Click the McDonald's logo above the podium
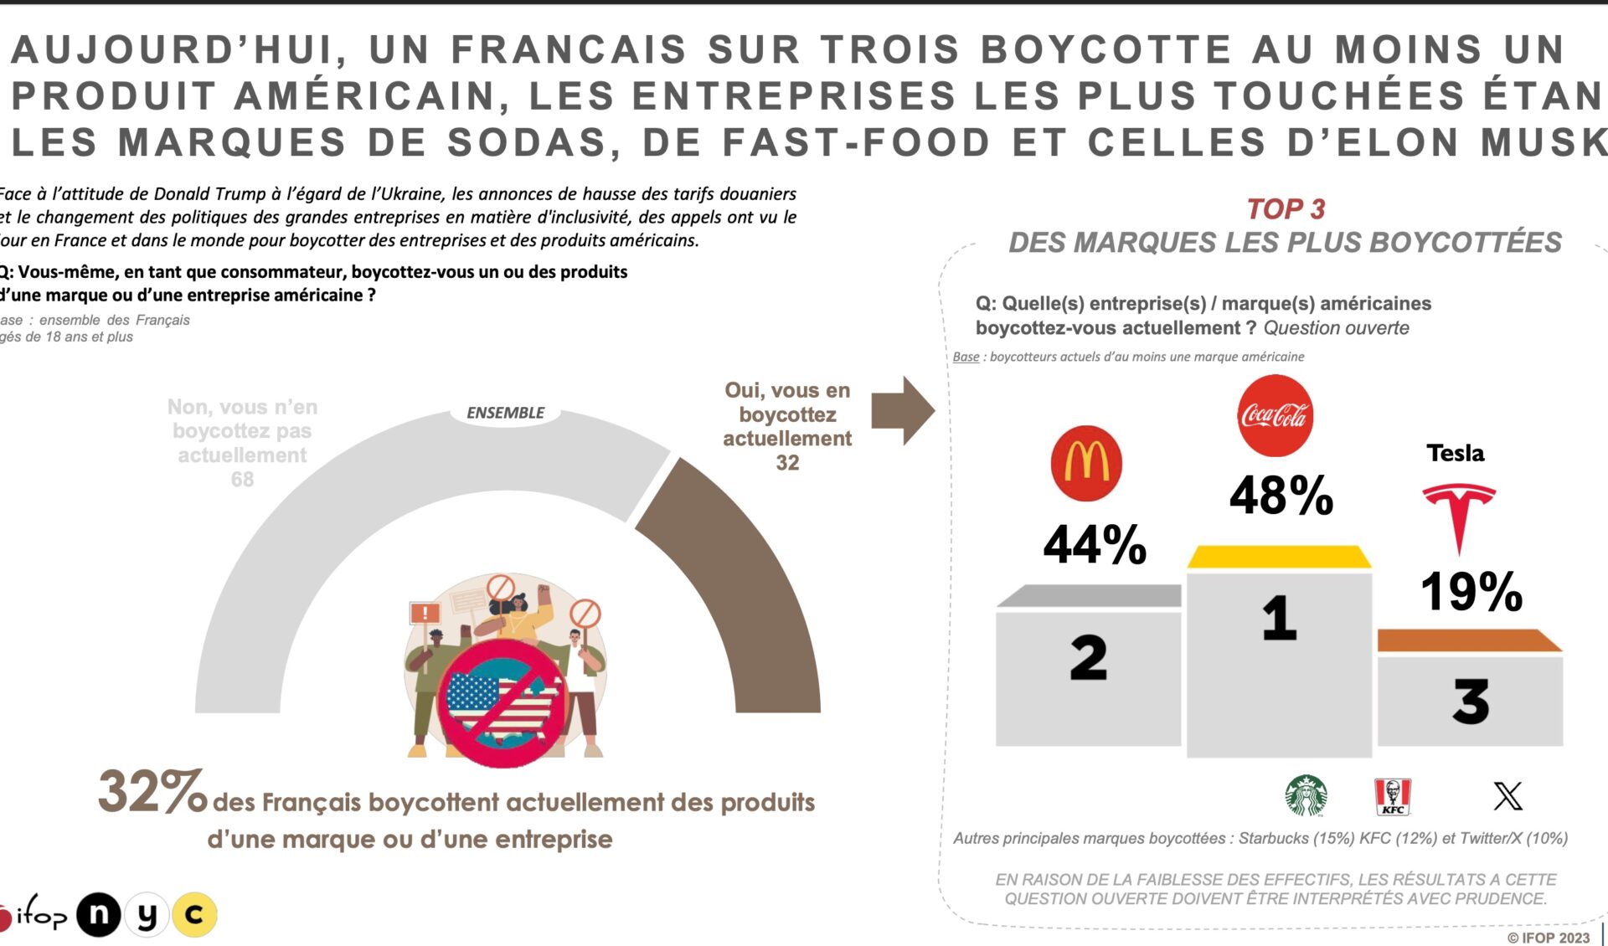(1086, 463)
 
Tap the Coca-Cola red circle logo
(1275, 415)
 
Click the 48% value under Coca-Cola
(1281, 495)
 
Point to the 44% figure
(1095, 544)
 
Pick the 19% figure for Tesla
(1471, 591)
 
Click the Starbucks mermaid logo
(1306, 794)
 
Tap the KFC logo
(1393, 796)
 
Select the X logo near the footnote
(1507, 795)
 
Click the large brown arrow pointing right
(902, 410)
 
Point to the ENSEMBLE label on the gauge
(505, 413)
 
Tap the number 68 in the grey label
(242, 479)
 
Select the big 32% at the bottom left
(152, 791)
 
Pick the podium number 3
(1471, 702)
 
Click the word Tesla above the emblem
(1456, 453)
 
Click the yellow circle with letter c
(194, 914)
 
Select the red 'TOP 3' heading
(1286, 208)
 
